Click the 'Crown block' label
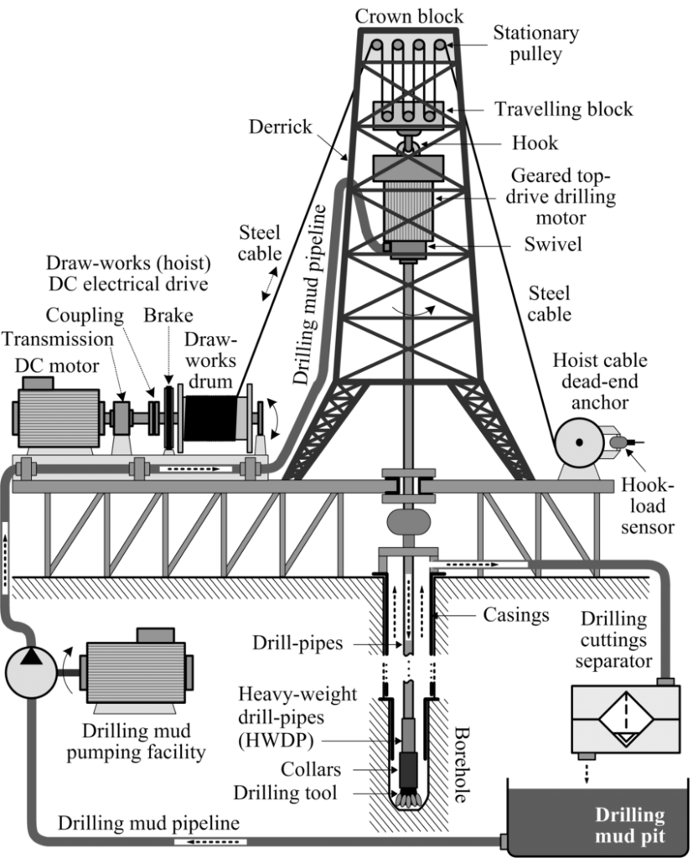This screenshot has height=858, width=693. pos(409,16)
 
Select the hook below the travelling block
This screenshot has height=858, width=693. pos(410,145)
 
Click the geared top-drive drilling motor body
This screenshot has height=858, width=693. pos(410,209)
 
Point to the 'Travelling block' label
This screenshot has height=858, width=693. pos(563,110)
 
